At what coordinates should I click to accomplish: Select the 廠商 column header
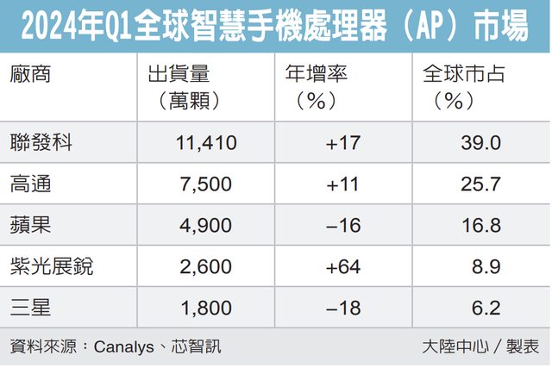(x=32, y=75)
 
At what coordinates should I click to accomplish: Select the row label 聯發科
(x=41, y=142)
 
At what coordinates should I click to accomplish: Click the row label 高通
(x=32, y=184)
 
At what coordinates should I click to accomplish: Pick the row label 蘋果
(x=32, y=225)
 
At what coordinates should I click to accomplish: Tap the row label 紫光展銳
(x=51, y=266)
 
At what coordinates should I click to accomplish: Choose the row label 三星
(x=32, y=308)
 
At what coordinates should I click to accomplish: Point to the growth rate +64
(x=342, y=267)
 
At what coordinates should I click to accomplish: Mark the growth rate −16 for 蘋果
(x=342, y=226)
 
